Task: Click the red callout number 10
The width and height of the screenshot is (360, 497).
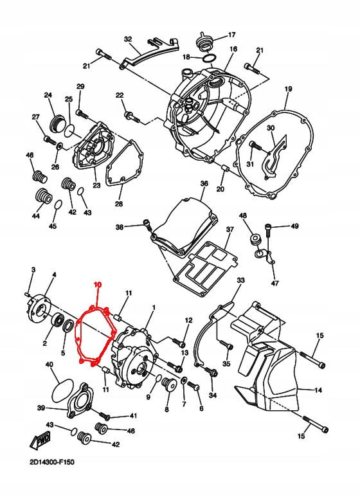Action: (98, 284)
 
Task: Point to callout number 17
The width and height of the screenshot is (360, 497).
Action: (232, 35)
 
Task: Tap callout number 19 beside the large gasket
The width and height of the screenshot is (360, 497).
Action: (289, 88)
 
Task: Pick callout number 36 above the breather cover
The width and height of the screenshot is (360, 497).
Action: (204, 183)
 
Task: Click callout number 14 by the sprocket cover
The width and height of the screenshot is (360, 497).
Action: (318, 390)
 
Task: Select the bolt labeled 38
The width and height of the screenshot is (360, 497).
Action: (145, 224)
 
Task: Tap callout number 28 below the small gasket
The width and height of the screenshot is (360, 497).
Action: (118, 204)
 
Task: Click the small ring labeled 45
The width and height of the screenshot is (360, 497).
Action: (57, 206)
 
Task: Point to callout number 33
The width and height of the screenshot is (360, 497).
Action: (240, 281)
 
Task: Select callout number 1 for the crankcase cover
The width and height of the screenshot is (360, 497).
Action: (153, 309)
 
